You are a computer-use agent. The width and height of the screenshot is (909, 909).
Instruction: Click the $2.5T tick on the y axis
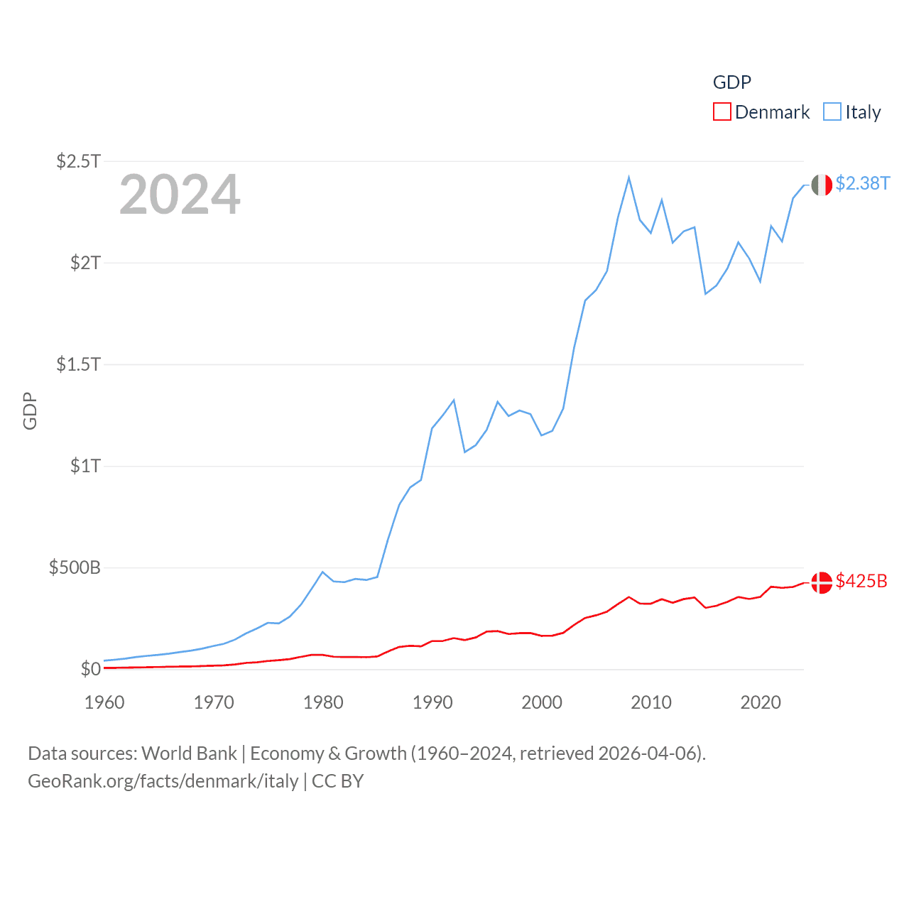click(x=79, y=161)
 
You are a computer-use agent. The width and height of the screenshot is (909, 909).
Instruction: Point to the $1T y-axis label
click(x=86, y=466)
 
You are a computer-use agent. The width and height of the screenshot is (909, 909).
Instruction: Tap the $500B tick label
click(x=75, y=567)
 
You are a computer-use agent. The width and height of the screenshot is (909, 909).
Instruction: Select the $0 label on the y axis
click(x=91, y=669)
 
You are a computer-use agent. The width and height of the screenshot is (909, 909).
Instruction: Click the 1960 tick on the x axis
click(x=104, y=702)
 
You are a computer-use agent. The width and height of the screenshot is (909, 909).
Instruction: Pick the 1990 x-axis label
click(x=432, y=702)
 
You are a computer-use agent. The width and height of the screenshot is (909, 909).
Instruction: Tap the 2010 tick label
click(x=651, y=702)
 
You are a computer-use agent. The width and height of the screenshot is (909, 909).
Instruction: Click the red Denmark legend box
click(x=722, y=112)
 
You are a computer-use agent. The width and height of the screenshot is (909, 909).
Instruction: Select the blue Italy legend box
click(x=832, y=112)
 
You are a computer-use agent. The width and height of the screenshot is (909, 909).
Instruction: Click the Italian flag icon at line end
click(x=822, y=185)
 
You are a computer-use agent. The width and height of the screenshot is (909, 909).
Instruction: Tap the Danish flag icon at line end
click(x=822, y=582)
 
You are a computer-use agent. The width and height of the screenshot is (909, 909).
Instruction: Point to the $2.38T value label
click(x=862, y=183)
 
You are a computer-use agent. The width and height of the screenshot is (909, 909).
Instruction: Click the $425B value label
click(x=861, y=581)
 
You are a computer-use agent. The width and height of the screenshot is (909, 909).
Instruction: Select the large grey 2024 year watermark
click(x=180, y=195)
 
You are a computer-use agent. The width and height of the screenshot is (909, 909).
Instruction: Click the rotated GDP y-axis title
click(x=30, y=410)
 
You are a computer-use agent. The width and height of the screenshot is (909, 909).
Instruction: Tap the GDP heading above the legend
click(x=731, y=82)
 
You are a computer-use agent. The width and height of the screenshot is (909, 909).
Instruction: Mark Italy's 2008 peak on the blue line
click(x=628, y=178)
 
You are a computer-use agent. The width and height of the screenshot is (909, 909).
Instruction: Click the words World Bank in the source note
click(x=189, y=753)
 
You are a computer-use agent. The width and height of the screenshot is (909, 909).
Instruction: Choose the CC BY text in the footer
click(x=338, y=781)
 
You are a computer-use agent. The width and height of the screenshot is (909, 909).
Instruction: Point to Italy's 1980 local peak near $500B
click(x=323, y=572)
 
